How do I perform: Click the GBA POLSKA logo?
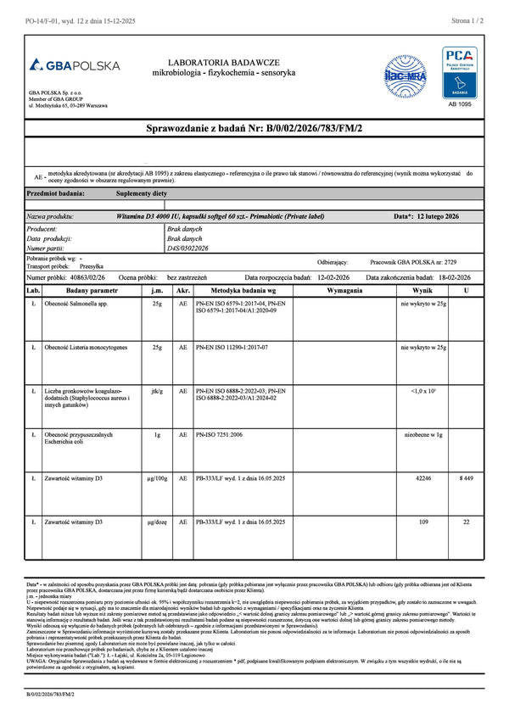(74, 65)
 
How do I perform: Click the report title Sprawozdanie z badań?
(255, 127)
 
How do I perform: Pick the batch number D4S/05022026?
(187, 248)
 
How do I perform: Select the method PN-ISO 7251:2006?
(219, 434)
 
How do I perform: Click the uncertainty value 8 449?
(467, 478)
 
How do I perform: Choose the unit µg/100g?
(156, 478)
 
